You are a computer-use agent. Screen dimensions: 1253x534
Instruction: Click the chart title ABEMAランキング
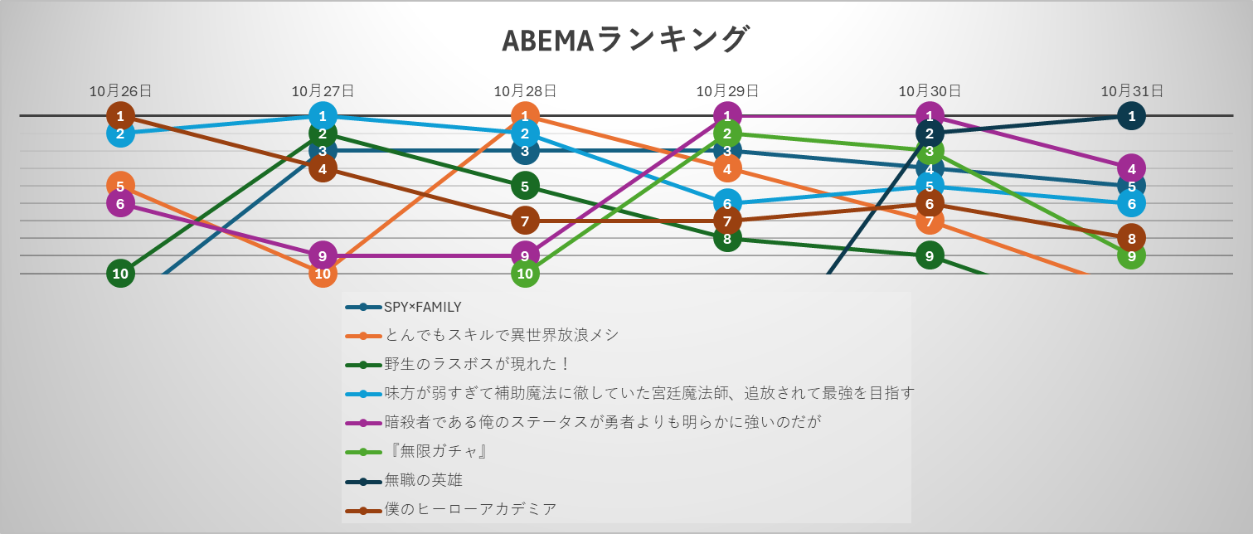pyautogui.click(x=624, y=41)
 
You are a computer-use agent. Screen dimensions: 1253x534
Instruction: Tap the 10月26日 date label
pyautogui.click(x=120, y=90)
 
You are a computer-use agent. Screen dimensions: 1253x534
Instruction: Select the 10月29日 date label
pyautogui.click(x=727, y=90)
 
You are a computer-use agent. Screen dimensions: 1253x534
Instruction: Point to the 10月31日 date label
pyautogui.click(x=1132, y=90)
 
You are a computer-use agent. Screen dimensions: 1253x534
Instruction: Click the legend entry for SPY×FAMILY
pyautogui.click(x=404, y=307)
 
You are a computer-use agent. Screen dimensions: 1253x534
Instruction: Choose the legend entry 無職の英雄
pyautogui.click(x=404, y=480)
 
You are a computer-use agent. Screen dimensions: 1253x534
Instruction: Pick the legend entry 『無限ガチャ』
pyautogui.click(x=417, y=451)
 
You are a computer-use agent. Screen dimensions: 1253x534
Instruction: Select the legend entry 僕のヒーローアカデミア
pyautogui.click(x=451, y=509)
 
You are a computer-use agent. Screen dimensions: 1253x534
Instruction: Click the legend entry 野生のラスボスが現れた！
pyautogui.click(x=458, y=365)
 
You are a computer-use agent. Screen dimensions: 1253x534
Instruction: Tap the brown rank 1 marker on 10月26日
pyautogui.click(x=120, y=116)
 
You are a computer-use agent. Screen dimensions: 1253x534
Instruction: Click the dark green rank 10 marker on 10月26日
pyautogui.click(x=120, y=274)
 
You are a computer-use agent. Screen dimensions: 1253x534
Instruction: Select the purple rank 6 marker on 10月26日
pyautogui.click(x=120, y=203)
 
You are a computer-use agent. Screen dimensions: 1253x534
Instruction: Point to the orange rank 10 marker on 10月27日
pyautogui.click(x=323, y=274)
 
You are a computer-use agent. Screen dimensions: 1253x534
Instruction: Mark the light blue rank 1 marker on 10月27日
pyautogui.click(x=323, y=116)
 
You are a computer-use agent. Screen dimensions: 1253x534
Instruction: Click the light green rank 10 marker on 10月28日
pyautogui.click(x=525, y=274)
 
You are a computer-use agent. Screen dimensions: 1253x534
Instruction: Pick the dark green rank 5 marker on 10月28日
pyautogui.click(x=525, y=187)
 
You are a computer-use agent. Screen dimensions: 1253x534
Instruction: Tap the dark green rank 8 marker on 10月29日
pyautogui.click(x=727, y=239)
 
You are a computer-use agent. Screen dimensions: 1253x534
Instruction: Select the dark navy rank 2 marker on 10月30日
pyautogui.click(x=930, y=133)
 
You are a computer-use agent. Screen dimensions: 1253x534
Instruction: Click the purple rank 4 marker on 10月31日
pyautogui.click(x=1132, y=168)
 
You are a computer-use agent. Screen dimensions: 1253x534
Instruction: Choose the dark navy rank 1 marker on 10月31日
pyautogui.click(x=1132, y=116)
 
